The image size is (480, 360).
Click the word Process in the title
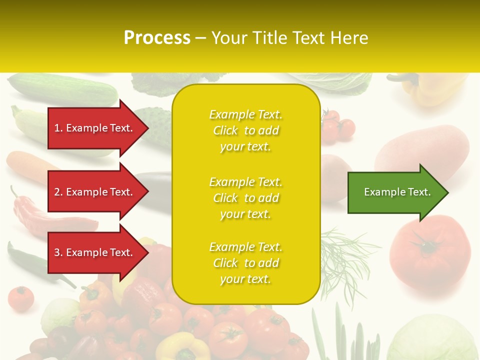pyautogui.click(x=157, y=38)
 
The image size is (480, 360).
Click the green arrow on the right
pyautogui.click(x=395, y=192)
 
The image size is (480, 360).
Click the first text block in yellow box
pyautogui.click(x=245, y=130)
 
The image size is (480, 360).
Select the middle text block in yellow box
pyautogui.click(x=245, y=198)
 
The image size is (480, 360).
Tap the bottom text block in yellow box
pyautogui.click(x=245, y=263)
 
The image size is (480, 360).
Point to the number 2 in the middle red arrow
pyautogui.click(x=57, y=192)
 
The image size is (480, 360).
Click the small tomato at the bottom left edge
pyautogui.click(x=21, y=298)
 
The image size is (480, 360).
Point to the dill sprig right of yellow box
pyautogui.click(x=345, y=255)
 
